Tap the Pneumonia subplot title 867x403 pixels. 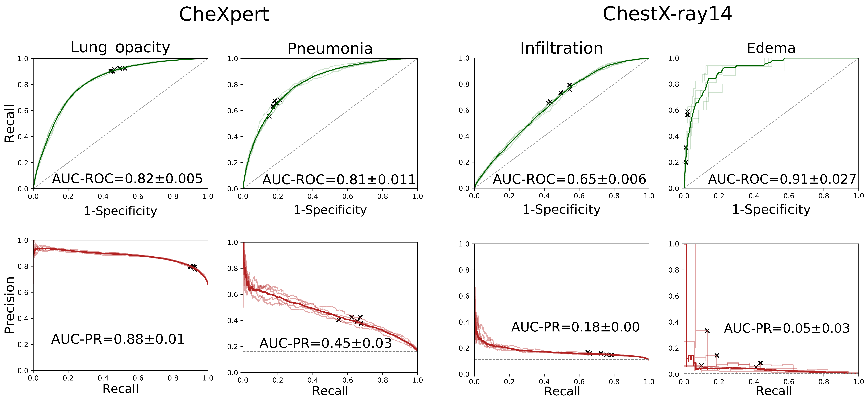tap(330, 49)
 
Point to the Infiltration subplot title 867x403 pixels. tap(561, 48)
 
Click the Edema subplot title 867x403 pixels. tap(771, 48)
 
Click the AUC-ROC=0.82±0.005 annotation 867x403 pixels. tap(127, 179)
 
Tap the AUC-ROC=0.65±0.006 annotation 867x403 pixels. tap(569, 179)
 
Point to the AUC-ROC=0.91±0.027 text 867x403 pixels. tap(782, 179)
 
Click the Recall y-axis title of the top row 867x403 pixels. tap(9, 123)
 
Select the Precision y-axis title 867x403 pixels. tap(9, 305)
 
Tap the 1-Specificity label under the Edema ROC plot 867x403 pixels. tap(771, 209)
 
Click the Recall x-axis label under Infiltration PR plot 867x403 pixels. tap(562, 391)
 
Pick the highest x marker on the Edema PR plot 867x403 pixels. tap(707, 331)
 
